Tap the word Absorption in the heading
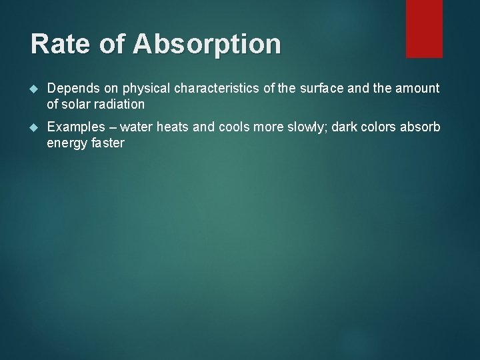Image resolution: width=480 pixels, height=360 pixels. pos(207,45)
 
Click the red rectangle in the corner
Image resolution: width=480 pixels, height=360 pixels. pos(424,29)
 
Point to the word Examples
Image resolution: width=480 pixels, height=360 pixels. pos(75,127)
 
